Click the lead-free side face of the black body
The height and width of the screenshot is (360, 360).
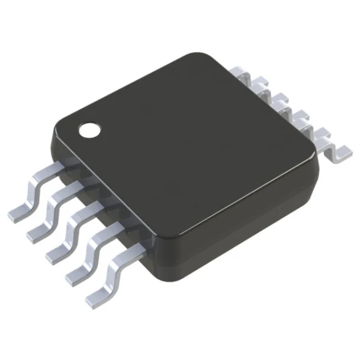tap(240, 228)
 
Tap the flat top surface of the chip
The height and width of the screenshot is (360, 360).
tap(186, 150)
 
